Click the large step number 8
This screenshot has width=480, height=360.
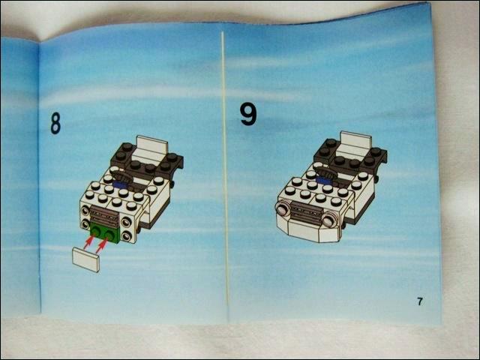tap(55, 123)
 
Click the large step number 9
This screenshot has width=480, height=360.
tap(248, 114)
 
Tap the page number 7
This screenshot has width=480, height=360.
tap(420, 301)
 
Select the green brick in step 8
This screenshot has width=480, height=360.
tap(105, 235)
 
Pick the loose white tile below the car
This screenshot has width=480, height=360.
tap(85, 259)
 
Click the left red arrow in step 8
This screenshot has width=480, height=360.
tap(88, 242)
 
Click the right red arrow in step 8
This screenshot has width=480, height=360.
tap(102, 246)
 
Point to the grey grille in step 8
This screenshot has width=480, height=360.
tap(105, 216)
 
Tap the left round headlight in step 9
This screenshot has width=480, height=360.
tap(283, 209)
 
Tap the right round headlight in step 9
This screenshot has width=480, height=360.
tap(328, 220)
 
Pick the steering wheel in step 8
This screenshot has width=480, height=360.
tap(122, 176)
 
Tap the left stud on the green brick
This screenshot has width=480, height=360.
tap(97, 232)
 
